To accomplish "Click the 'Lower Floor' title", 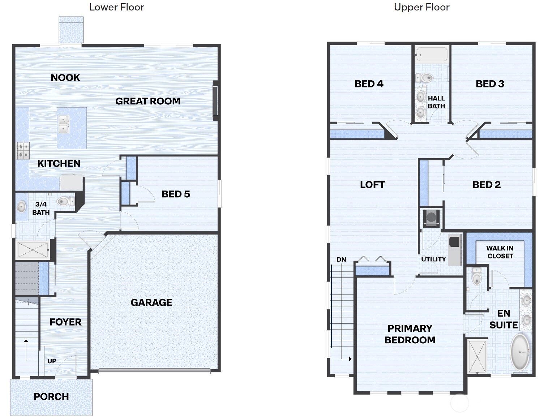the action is [116, 7].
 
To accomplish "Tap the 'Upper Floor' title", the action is [421, 7].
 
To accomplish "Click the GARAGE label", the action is [151, 302].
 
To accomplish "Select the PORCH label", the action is [51, 396].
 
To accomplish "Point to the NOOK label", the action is [65, 78].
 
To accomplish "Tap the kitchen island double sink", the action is [63, 124].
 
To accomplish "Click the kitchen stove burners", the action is [23, 151].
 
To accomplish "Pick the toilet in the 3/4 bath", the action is [66, 201].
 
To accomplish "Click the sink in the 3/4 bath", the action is [22, 207].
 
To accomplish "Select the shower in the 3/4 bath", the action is [33, 250].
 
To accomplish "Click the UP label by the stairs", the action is [52, 361].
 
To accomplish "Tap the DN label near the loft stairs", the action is [341, 259].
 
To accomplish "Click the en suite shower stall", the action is [477, 357].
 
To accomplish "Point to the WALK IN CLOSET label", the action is [500, 252].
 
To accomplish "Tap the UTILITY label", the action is [433, 259].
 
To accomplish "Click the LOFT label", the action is [372, 185].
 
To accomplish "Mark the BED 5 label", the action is [176, 194].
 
